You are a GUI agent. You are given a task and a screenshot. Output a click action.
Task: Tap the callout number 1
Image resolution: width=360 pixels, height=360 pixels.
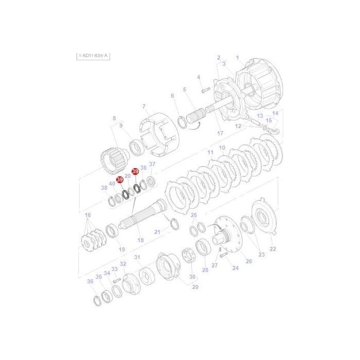coord(238,58)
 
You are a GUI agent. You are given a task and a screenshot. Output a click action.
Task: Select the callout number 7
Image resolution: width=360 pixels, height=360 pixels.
coord(145,106)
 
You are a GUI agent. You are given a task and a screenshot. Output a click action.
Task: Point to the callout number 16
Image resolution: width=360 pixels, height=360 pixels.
coord(88,215)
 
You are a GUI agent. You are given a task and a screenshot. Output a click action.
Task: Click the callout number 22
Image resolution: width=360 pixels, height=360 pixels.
coord(273,249)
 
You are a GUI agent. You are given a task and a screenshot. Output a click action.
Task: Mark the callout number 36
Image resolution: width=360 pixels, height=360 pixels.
coord(90,281)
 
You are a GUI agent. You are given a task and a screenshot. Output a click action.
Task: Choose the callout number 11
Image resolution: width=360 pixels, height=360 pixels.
coord(210,153)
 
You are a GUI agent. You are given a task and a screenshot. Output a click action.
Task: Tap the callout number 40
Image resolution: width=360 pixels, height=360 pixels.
coord(112,184)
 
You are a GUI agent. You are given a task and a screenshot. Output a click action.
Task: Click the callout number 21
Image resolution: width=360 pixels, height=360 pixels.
coord(157,232)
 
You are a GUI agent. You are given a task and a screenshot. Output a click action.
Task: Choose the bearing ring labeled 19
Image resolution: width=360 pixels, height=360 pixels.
coord(112,231)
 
